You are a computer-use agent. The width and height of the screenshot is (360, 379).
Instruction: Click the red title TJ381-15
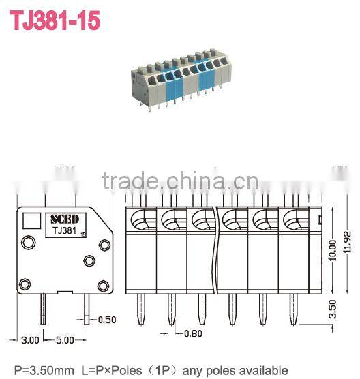pos(55,20)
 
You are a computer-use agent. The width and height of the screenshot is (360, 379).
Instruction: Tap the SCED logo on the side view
pos(64,219)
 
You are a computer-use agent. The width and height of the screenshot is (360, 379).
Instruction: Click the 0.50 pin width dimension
pos(106,320)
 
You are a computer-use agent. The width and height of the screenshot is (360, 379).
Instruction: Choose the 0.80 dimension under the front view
pos(195,334)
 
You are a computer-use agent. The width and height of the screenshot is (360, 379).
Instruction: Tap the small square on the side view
pos(31,221)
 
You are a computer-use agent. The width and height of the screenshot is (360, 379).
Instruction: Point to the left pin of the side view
pos(43,308)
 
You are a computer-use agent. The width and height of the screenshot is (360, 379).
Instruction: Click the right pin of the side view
pos(88,308)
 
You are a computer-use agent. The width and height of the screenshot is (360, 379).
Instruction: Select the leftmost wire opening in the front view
pos(140,220)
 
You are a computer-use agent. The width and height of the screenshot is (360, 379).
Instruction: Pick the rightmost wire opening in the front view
pos(293,220)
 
